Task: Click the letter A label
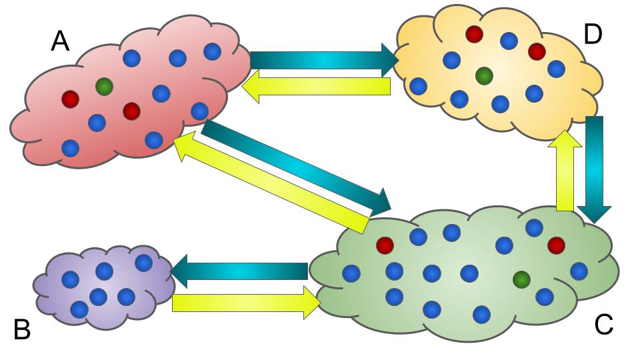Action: [x=60, y=41]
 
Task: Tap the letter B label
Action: [x=22, y=329]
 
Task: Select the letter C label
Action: [x=604, y=325]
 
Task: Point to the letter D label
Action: [x=593, y=34]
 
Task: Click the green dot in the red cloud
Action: [x=105, y=86]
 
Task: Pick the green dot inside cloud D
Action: [x=485, y=75]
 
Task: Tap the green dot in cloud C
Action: [x=521, y=279]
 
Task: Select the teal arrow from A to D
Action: [x=324, y=61]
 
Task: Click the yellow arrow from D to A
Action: [x=316, y=86]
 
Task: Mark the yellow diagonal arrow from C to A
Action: [x=271, y=185]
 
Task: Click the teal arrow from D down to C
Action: [x=594, y=170]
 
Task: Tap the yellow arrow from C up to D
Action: [x=565, y=171]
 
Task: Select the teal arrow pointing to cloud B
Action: [x=239, y=271]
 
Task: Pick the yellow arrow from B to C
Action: [x=247, y=303]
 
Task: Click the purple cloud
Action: [x=104, y=287]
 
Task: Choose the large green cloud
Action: [x=464, y=274]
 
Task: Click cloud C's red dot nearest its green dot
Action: [x=556, y=245]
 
